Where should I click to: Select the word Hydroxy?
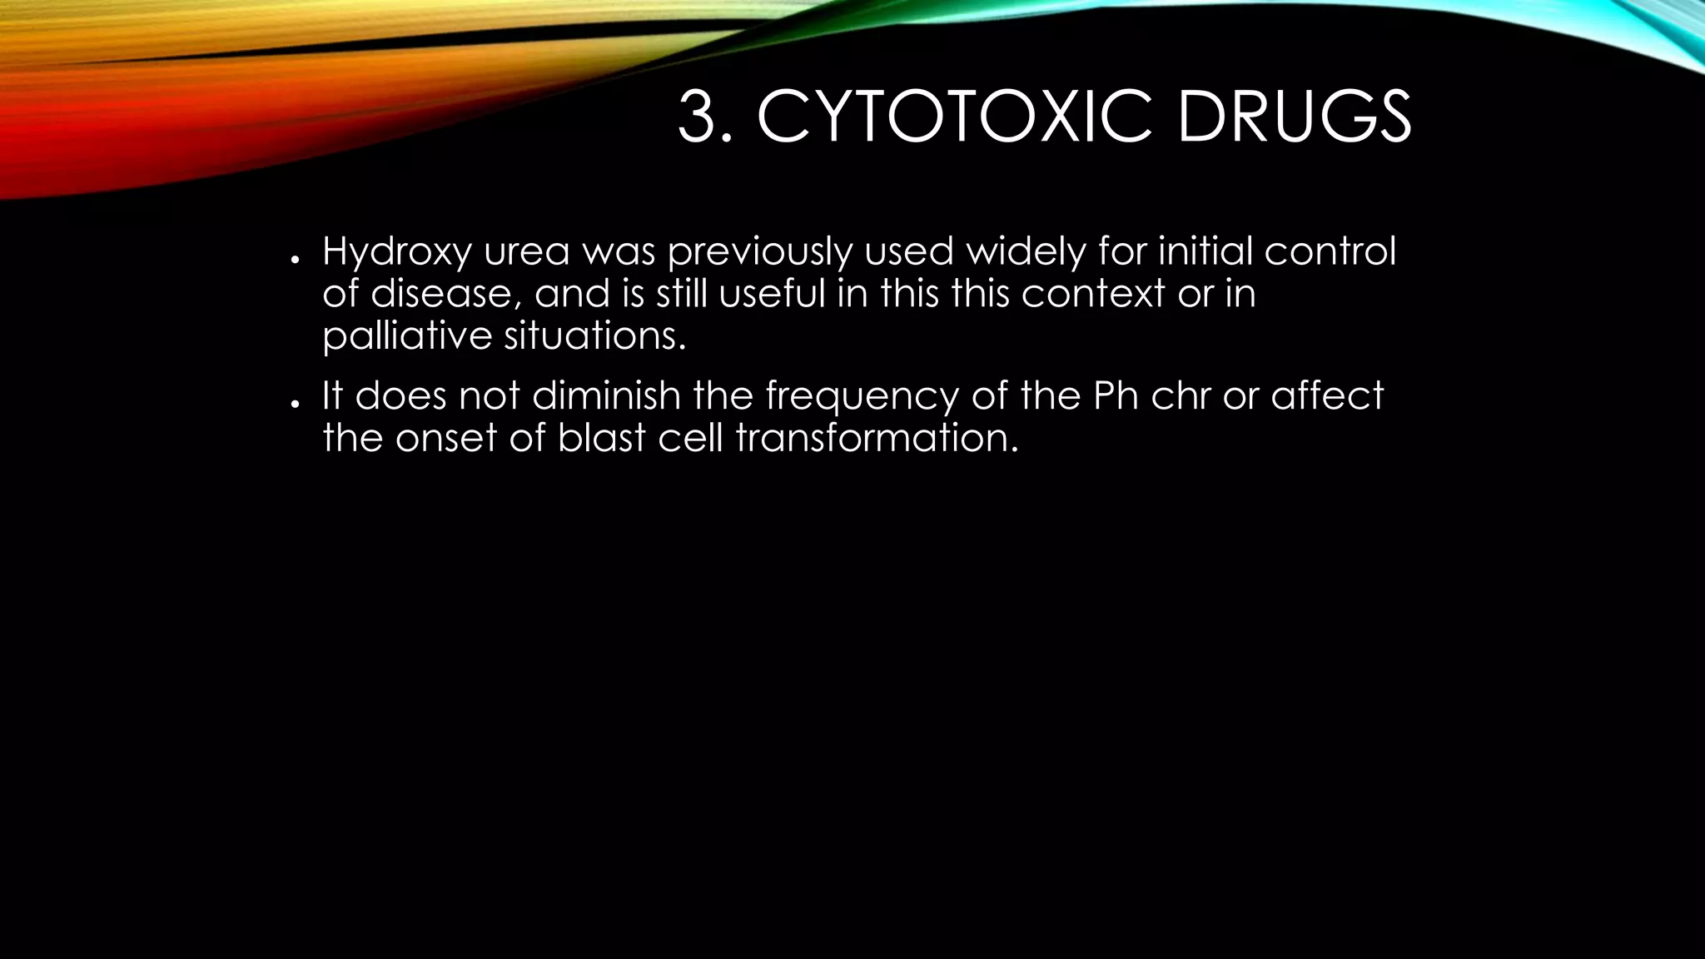(396, 252)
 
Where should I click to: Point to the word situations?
(596, 336)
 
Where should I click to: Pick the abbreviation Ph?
(1116, 395)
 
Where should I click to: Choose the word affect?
(1327, 395)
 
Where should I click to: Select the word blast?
(601, 438)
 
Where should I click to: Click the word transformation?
(877, 438)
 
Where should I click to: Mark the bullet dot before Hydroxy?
(295, 260)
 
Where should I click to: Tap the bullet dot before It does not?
(295, 403)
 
